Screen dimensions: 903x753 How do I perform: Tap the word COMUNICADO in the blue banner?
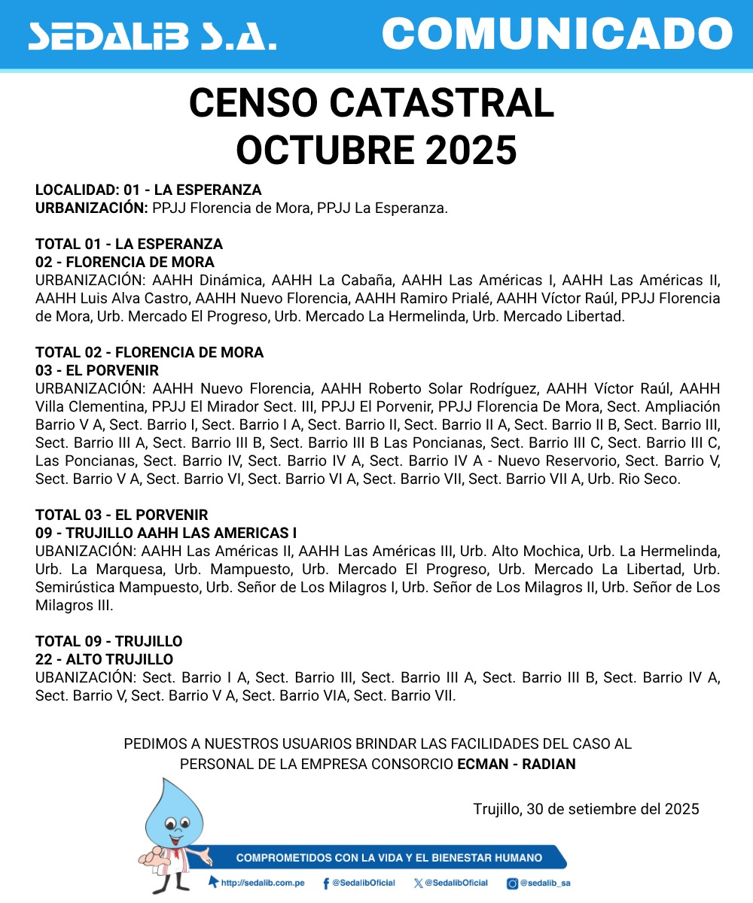pyautogui.click(x=557, y=34)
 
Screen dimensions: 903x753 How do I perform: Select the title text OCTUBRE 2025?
pyautogui.click(x=376, y=150)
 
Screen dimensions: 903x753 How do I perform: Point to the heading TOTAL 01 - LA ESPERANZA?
pyautogui.click(x=129, y=244)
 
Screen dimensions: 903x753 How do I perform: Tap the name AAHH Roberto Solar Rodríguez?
pyautogui.click(x=429, y=389)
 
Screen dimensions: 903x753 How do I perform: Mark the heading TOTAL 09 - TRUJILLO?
pyautogui.click(x=109, y=641)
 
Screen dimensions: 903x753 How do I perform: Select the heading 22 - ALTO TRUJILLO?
pyautogui.click(x=104, y=659)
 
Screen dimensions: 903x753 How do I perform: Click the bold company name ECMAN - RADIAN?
pyautogui.click(x=517, y=764)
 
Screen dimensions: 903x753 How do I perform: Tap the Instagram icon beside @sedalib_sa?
pyautogui.click(x=512, y=883)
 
